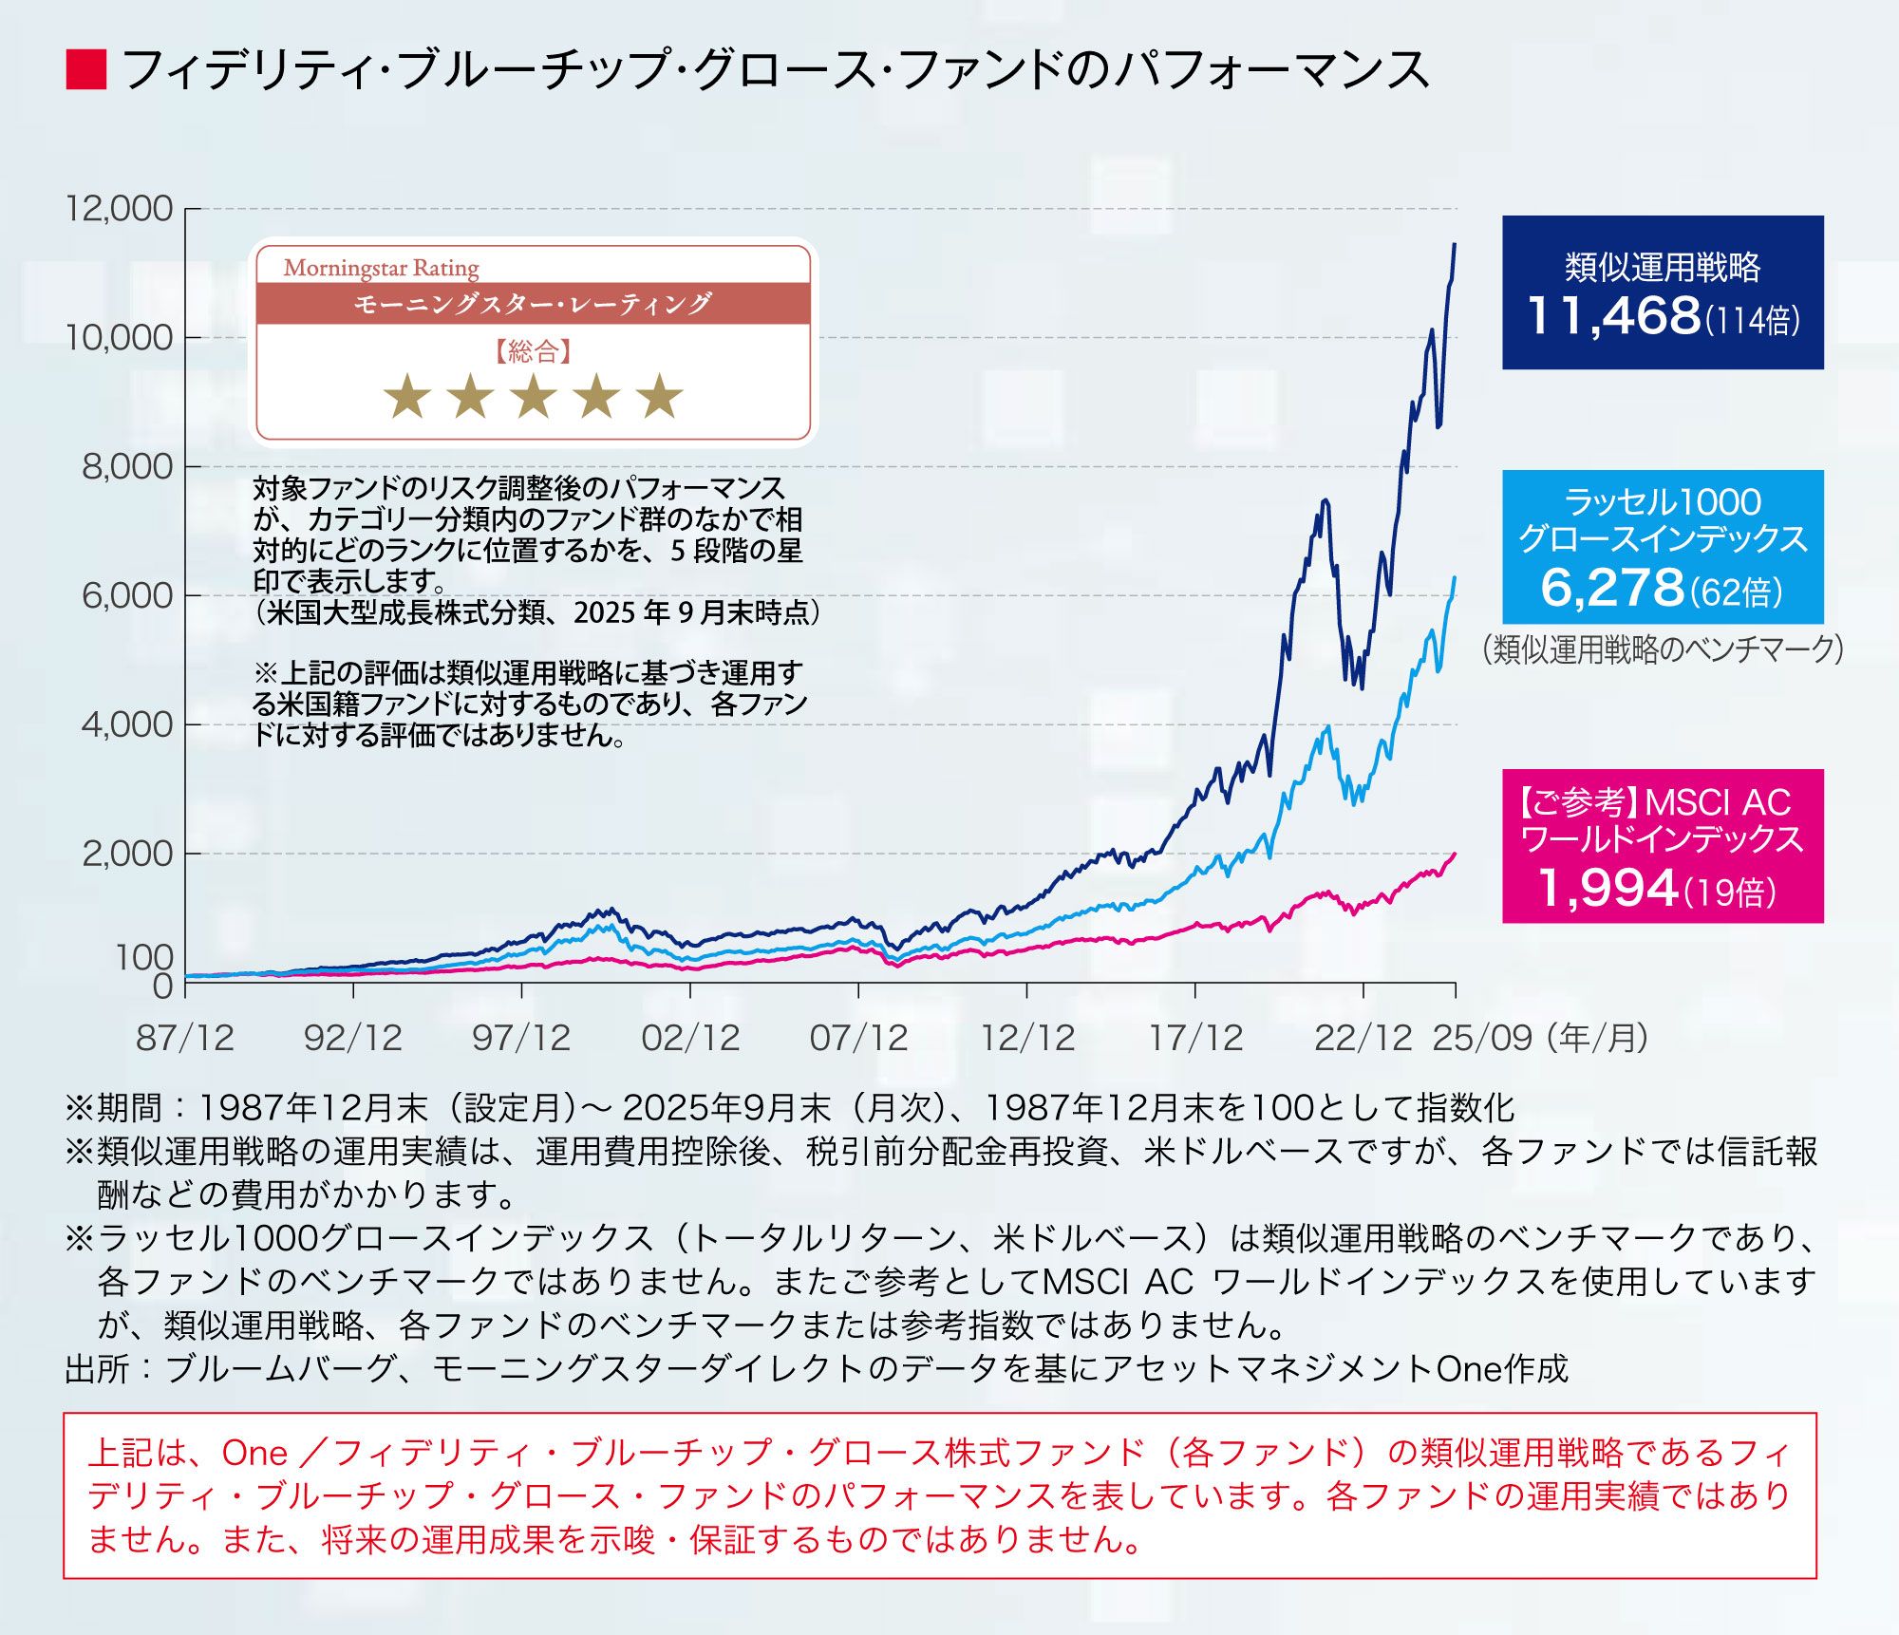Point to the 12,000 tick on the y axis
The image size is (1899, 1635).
click(119, 208)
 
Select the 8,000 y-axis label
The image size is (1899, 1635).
click(127, 466)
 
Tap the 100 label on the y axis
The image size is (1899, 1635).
click(144, 957)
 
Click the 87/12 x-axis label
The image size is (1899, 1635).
click(184, 1038)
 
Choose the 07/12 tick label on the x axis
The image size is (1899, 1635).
click(858, 1038)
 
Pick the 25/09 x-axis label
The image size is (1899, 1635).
click(1481, 1038)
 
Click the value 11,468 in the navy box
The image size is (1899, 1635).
click(1613, 316)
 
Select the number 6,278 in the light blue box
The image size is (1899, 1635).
click(1611, 588)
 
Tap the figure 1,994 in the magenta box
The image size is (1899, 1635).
click(1608, 888)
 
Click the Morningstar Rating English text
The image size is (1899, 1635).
click(381, 269)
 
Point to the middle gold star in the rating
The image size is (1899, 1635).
click(534, 396)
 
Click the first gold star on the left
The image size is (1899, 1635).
click(407, 396)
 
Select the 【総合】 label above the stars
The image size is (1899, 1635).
click(533, 352)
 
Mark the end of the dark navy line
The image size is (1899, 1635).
click(1455, 245)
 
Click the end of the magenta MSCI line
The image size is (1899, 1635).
click(1455, 854)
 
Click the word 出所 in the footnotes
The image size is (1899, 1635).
click(97, 1369)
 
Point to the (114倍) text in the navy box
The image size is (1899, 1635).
click(1753, 320)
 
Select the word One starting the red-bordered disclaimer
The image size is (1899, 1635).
click(254, 1453)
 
